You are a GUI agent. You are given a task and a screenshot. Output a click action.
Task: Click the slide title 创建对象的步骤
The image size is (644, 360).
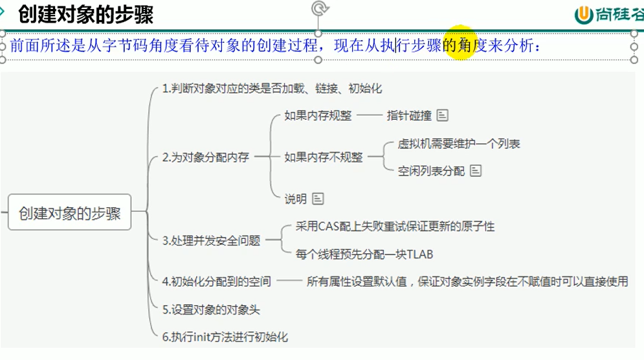point(85,14)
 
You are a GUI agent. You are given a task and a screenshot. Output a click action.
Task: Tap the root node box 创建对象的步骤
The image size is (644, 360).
point(70,213)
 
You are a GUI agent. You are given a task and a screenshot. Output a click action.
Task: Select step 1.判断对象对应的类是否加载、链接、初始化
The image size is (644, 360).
point(272,89)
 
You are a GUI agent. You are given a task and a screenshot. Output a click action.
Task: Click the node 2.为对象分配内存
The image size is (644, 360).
point(206,157)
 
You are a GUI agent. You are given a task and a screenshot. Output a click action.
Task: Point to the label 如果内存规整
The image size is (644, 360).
point(318,116)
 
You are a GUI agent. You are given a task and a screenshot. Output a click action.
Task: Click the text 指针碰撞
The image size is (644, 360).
point(409,116)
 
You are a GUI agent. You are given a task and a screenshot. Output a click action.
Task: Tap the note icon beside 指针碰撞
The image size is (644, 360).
point(443,116)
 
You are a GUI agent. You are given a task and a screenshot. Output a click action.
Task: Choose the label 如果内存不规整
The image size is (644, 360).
point(324,157)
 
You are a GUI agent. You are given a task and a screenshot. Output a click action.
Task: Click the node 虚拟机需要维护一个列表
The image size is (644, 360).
point(459,144)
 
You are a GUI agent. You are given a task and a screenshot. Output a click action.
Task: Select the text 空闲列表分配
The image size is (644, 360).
point(431,171)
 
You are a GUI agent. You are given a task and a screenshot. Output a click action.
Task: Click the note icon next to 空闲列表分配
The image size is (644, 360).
point(476,171)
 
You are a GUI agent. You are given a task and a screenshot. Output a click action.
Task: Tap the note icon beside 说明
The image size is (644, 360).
point(318,199)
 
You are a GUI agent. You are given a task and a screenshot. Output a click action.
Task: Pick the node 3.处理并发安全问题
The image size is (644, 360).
point(211,240)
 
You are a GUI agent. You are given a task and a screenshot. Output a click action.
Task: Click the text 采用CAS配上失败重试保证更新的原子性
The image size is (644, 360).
point(395,227)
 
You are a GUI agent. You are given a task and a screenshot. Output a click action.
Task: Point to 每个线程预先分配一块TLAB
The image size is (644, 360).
point(364,254)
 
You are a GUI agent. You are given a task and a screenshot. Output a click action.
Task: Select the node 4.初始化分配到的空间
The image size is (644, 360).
point(216,282)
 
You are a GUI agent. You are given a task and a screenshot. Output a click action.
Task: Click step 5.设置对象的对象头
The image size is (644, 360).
point(211,309)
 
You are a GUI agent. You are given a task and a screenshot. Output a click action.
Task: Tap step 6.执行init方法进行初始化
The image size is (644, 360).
point(225,337)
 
